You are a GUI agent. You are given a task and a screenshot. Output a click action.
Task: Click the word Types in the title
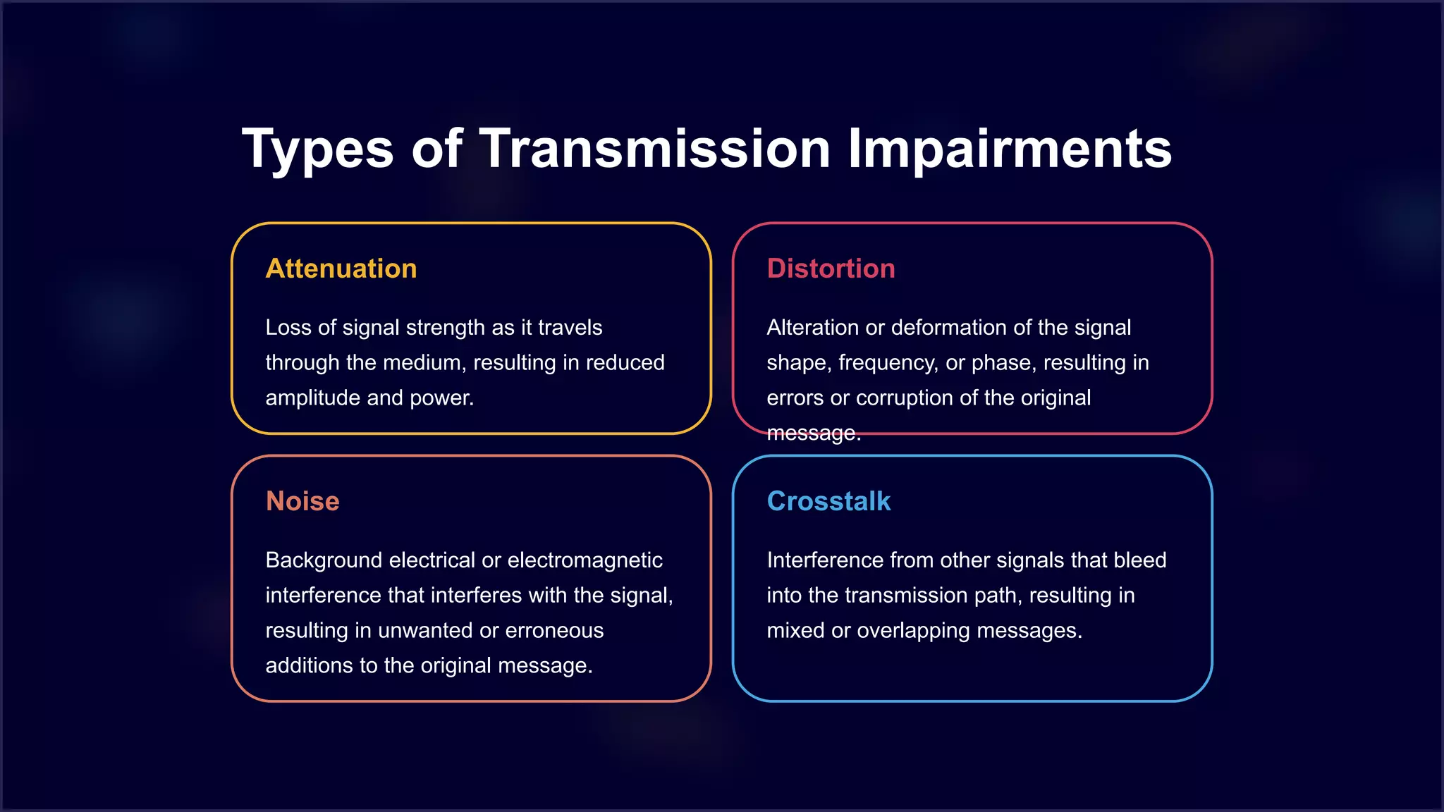tap(317, 149)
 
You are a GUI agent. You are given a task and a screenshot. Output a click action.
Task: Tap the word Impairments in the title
tap(1009, 149)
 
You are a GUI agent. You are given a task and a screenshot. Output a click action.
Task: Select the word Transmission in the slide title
tap(655, 149)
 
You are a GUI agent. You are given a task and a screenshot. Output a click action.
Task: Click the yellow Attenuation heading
tap(341, 269)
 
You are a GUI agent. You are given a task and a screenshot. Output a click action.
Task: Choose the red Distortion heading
tap(831, 269)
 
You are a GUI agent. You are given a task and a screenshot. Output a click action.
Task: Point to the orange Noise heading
tap(302, 501)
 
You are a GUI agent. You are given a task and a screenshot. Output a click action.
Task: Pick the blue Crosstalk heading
tap(828, 501)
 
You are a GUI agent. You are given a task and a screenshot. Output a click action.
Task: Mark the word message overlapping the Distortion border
tap(812, 433)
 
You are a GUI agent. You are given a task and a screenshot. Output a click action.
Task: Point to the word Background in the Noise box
tap(324, 560)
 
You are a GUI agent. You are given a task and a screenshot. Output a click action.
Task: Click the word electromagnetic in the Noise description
tap(585, 560)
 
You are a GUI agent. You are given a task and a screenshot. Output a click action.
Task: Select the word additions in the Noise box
tap(305, 666)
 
